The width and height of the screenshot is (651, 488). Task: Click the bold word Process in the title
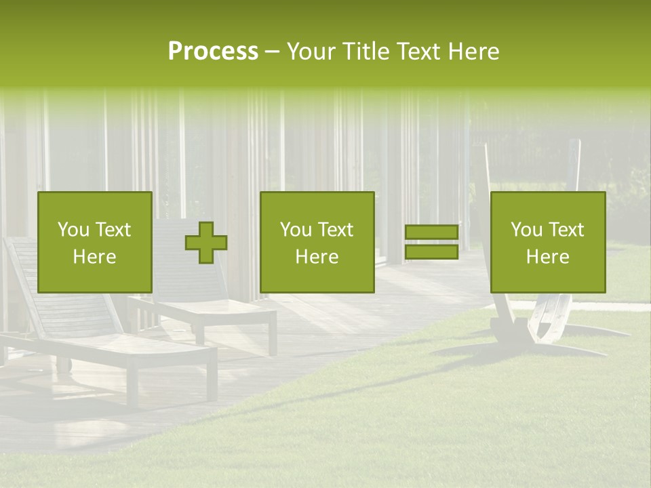pos(213,52)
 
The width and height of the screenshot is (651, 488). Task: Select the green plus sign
pos(206,243)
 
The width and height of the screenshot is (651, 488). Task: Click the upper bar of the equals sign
pos(431,232)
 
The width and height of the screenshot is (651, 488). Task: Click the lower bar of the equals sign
pos(431,252)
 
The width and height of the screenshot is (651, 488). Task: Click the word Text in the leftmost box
pos(113,230)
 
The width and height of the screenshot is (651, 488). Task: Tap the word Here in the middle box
pos(317,257)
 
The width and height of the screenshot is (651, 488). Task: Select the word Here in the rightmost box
pos(547,257)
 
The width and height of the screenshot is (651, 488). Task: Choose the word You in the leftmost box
pos(73,230)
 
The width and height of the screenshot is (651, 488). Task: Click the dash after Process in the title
pos(272,52)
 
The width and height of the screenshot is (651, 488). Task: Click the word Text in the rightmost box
pos(566,230)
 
